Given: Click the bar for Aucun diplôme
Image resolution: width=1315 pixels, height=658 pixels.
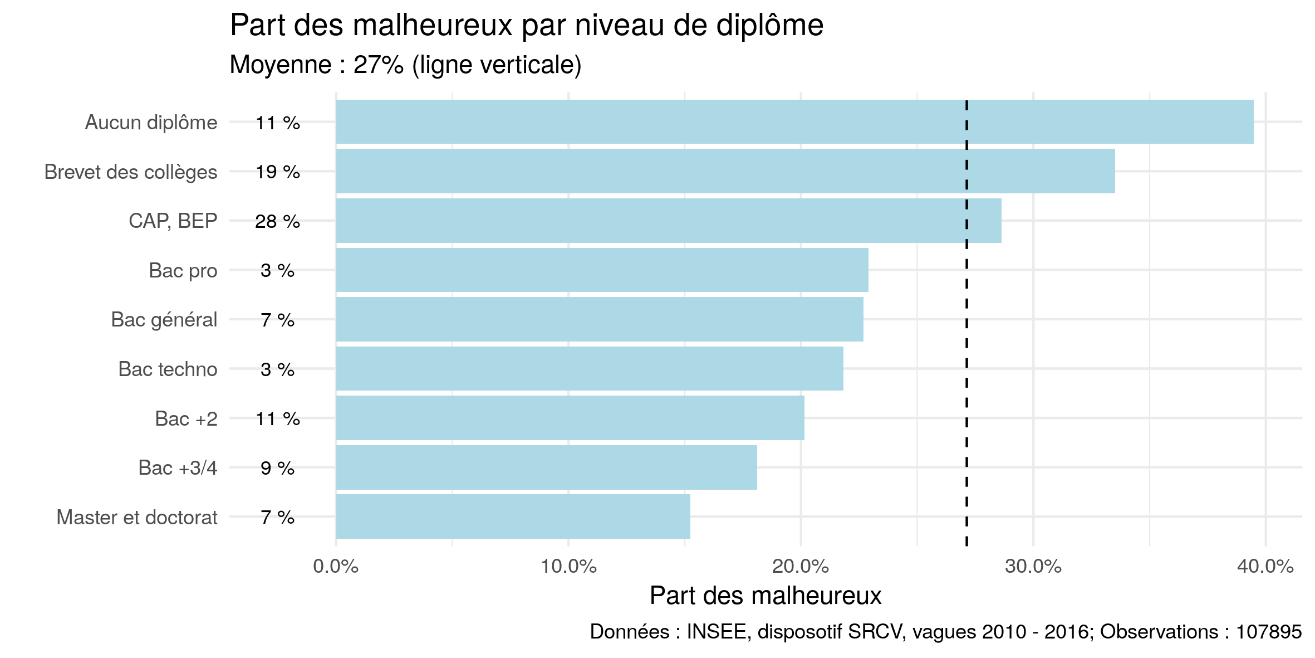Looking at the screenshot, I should (x=794, y=122).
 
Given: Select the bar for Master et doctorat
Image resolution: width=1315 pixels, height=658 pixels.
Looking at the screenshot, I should (x=513, y=516).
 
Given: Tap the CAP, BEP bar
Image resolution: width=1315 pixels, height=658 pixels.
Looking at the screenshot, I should (x=668, y=221).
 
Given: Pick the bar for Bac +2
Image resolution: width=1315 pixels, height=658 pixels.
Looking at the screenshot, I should (x=570, y=418).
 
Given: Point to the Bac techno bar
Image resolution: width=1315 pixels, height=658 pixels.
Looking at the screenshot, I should (x=589, y=369).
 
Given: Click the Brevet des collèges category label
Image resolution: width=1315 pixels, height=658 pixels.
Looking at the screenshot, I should (x=131, y=172).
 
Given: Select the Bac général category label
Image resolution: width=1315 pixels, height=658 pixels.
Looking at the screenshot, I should (x=164, y=320).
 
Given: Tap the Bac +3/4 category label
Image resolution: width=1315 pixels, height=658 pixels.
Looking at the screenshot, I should (x=178, y=468).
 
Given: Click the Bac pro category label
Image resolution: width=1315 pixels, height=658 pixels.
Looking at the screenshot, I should (x=183, y=271).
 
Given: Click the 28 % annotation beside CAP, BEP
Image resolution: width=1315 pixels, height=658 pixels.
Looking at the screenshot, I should (x=277, y=222).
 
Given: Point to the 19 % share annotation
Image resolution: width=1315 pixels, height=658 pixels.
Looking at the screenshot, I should (x=277, y=172).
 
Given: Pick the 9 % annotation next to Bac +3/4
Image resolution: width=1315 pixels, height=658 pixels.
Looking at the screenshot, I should (x=277, y=469).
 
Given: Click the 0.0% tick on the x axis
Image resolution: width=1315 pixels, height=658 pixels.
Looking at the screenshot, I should (x=336, y=567).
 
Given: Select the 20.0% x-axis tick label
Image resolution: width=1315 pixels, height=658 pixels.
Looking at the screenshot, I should (x=801, y=567).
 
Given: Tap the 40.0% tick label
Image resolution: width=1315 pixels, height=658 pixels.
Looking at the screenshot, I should (x=1265, y=567).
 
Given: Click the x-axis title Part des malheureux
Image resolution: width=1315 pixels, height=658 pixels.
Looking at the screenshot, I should (x=766, y=596).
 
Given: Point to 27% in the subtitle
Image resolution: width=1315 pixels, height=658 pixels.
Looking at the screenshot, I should (x=378, y=65).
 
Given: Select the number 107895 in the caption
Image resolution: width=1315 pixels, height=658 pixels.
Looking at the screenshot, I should (x=1269, y=632).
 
